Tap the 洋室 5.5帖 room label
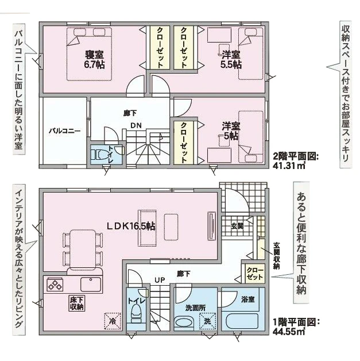pyautogui.click(x=231, y=60)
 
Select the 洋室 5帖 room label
pyautogui.click(x=231, y=130)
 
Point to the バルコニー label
pyautogui.click(x=64, y=130)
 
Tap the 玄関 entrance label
pyautogui.click(x=238, y=225)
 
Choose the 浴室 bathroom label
pyautogui.click(x=248, y=299)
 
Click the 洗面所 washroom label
pyautogui.click(x=195, y=308)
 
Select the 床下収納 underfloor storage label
pyautogui.click(x=78, y=303)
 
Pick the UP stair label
pyautogui.click(x=161, y=279)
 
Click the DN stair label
pyautogui.click(x=136, y=126)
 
